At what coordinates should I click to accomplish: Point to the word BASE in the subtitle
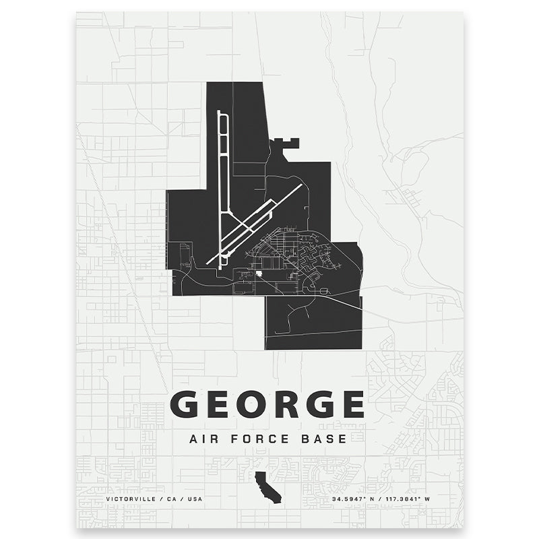tap(328, 439)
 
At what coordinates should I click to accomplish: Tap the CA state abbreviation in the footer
tap(171, 499)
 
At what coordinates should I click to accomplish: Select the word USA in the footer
tap(195, 499)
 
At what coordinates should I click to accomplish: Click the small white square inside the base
tap(258, 274)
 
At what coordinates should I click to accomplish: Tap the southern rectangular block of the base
tap(313, 323)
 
